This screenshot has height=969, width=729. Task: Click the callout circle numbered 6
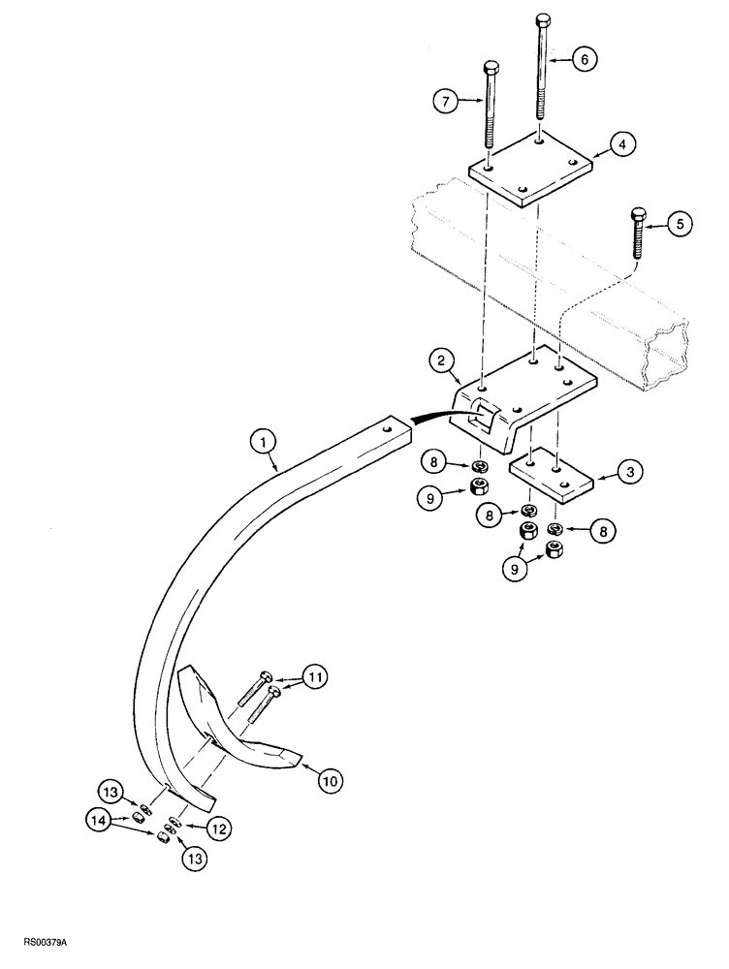pyautogui.click(x=583, y=58)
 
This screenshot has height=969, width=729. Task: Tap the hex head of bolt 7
pyautogui.click(x=491, y=67)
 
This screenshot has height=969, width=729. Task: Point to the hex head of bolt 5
pyautogui.click(x=637, y=214)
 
